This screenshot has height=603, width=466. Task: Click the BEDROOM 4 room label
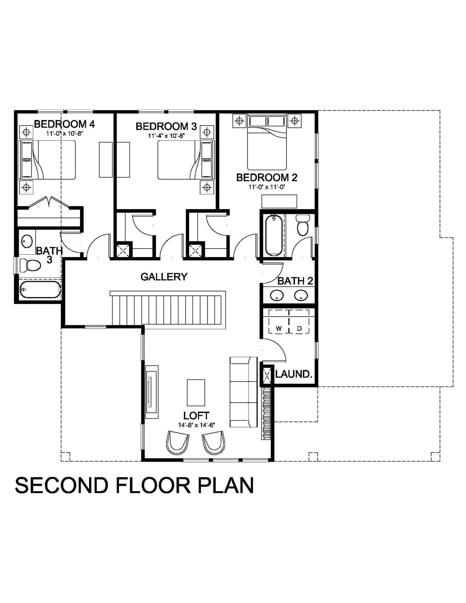tap(64, 124)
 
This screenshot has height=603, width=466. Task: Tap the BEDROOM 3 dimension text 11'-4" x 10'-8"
tap(166, 136)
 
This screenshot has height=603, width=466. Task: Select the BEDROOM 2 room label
tap(267, 177)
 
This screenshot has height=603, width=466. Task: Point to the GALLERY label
tap(164, 277)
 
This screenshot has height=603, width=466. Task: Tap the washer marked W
tap(279, 322)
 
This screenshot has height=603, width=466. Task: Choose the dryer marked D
tap(299, 322)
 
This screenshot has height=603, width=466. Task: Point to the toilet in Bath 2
tap(302, 225)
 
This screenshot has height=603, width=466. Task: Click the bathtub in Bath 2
tap(274, 235)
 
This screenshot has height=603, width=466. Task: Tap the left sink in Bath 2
tap(277, 295)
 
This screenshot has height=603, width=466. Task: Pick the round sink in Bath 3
tap(27, 241)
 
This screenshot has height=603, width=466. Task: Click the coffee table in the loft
tap(196, 393)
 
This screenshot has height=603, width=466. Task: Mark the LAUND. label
tap(294, 374)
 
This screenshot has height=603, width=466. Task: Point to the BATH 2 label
tap(295, 281)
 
